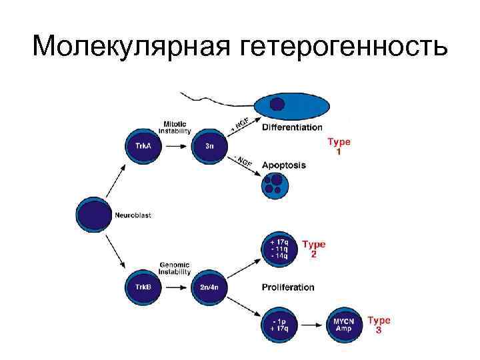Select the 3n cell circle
coord(209,145)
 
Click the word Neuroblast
coord(133,215)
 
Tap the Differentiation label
coord(292,127)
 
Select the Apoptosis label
coord(284,165)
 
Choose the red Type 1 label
coord(339,147)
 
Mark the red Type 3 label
coord(379,325)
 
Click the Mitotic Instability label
coord(177,127)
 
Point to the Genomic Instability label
coord(175,268)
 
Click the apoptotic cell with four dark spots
coord(275,185)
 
